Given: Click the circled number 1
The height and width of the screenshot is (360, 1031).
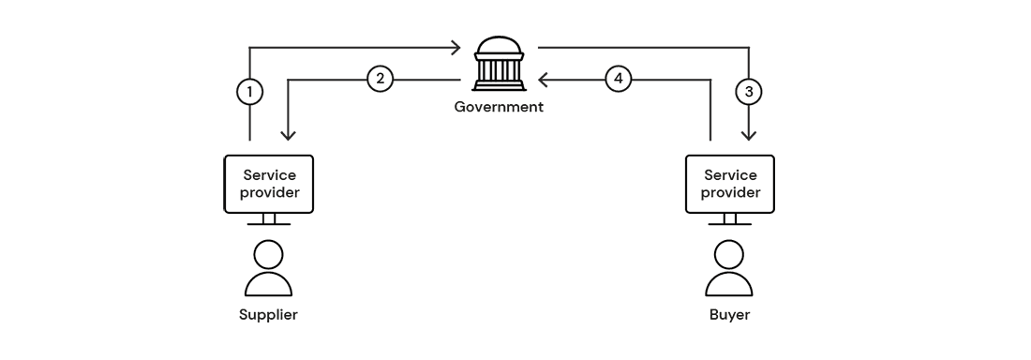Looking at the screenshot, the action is point(249,92).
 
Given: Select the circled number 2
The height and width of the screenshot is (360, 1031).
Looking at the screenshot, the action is point(379,79).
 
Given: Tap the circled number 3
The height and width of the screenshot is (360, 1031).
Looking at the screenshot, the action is point(748,92).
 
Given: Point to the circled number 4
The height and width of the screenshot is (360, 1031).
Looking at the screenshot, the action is point(617,79).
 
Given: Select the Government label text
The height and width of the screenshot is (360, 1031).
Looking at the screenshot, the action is point(499,107).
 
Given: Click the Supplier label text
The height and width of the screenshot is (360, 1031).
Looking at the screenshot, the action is point(268,314).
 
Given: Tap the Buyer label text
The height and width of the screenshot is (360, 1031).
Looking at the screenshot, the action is point(729,314).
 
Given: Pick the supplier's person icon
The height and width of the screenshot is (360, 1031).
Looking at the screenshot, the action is point(268,270).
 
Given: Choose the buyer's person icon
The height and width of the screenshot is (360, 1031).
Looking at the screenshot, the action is point(729,270).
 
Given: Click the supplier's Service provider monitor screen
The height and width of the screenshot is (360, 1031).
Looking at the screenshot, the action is point(268,184).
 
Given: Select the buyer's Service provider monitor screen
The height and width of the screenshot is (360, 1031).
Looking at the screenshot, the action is point(731,184).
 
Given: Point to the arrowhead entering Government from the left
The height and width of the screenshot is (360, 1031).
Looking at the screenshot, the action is point(456,46).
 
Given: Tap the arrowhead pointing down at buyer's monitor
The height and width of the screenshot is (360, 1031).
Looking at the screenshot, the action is point(749,136).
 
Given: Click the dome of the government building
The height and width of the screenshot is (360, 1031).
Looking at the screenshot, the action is point(498,47).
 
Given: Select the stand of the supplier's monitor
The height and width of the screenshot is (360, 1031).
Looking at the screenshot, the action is point(269,220).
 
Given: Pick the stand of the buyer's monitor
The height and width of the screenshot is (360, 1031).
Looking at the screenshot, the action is point(730,220).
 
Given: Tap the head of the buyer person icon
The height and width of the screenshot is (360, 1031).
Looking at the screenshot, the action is point(729,254).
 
